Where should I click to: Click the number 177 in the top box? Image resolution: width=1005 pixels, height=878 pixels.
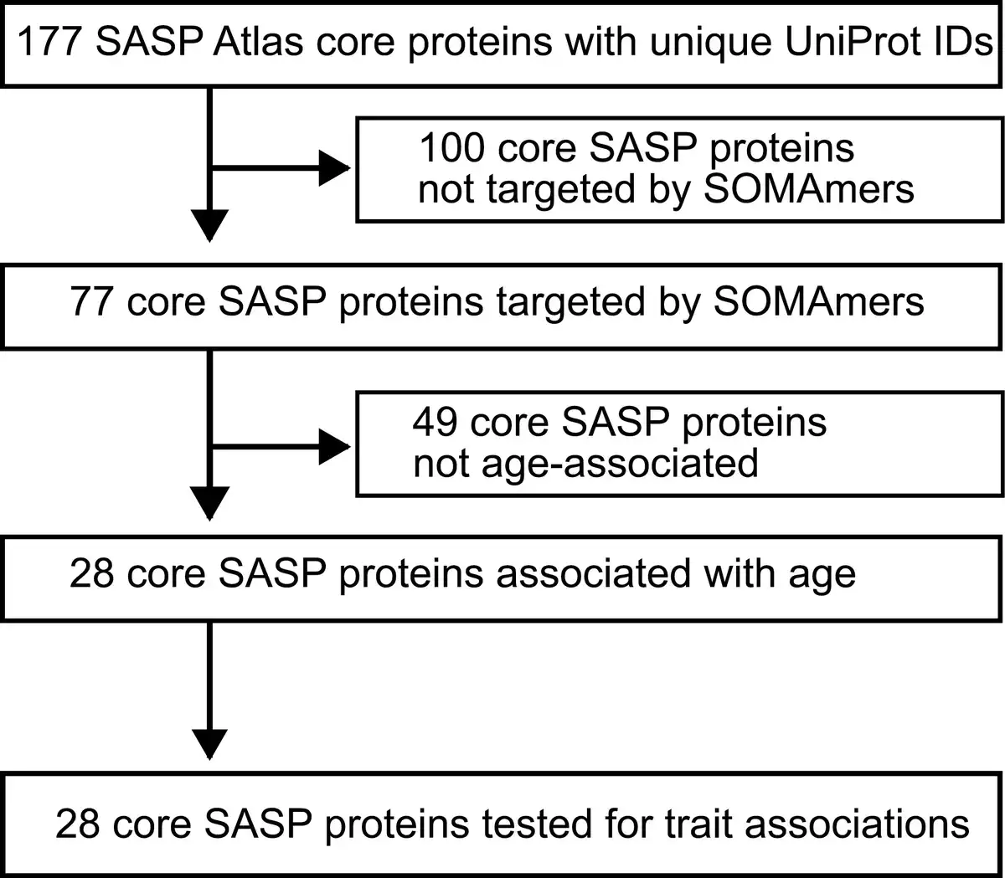49,42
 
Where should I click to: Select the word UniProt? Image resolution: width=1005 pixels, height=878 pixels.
852,42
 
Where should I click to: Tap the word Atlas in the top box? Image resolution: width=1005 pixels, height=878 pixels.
258,42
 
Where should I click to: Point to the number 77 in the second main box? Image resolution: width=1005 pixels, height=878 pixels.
92,301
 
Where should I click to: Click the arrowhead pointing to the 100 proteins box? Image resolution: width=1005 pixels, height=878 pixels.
334,168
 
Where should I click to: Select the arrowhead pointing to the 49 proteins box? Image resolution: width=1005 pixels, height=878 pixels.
334,447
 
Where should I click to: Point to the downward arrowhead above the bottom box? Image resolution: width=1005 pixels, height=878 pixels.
209,744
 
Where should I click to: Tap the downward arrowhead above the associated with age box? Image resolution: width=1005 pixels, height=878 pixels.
209,503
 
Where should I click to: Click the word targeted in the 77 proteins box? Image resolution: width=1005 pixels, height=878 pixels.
570,302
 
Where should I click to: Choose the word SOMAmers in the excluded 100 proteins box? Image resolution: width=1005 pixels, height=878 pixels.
808,189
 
